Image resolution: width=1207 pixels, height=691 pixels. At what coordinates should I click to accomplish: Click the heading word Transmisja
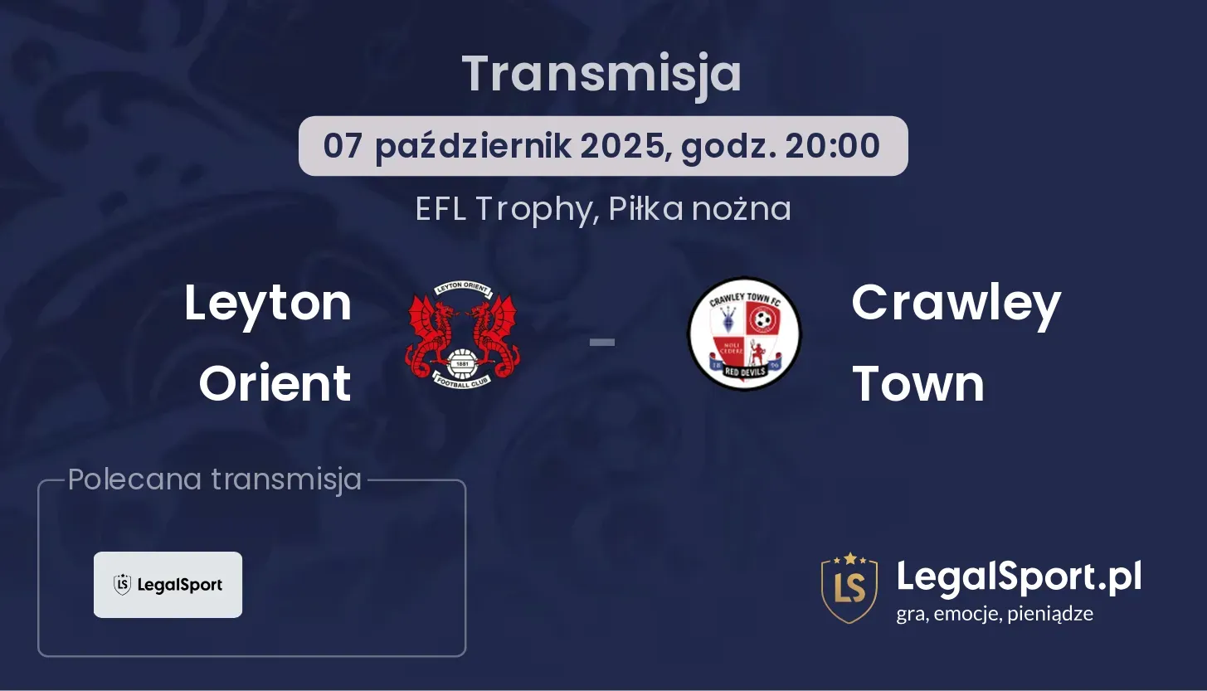[x=602, y=75]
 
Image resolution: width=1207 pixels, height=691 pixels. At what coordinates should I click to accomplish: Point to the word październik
[x=473, y=147]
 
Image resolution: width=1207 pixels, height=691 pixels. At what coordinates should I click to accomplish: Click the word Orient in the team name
[x=275, y=383]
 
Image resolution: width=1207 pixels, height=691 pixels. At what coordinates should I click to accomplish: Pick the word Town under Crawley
[x=918, y=384]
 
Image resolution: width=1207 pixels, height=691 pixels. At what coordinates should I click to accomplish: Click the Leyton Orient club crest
[x=462, y=335]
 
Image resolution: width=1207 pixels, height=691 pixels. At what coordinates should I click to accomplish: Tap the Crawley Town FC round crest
[x=744, y=333]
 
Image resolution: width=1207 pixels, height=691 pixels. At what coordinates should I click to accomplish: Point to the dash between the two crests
[x=602, y=342]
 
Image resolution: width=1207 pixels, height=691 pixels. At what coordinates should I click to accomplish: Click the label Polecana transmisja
[x=215, y=479]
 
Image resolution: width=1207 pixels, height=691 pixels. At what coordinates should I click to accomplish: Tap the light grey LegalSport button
[x=168, y=585]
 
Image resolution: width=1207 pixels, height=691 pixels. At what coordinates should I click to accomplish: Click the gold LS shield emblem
[x=849, y=587]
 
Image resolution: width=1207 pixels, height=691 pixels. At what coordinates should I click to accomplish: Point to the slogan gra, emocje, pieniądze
[x=995, y=614]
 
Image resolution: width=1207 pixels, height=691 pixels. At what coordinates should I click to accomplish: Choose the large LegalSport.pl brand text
[x=1019, y=577]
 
